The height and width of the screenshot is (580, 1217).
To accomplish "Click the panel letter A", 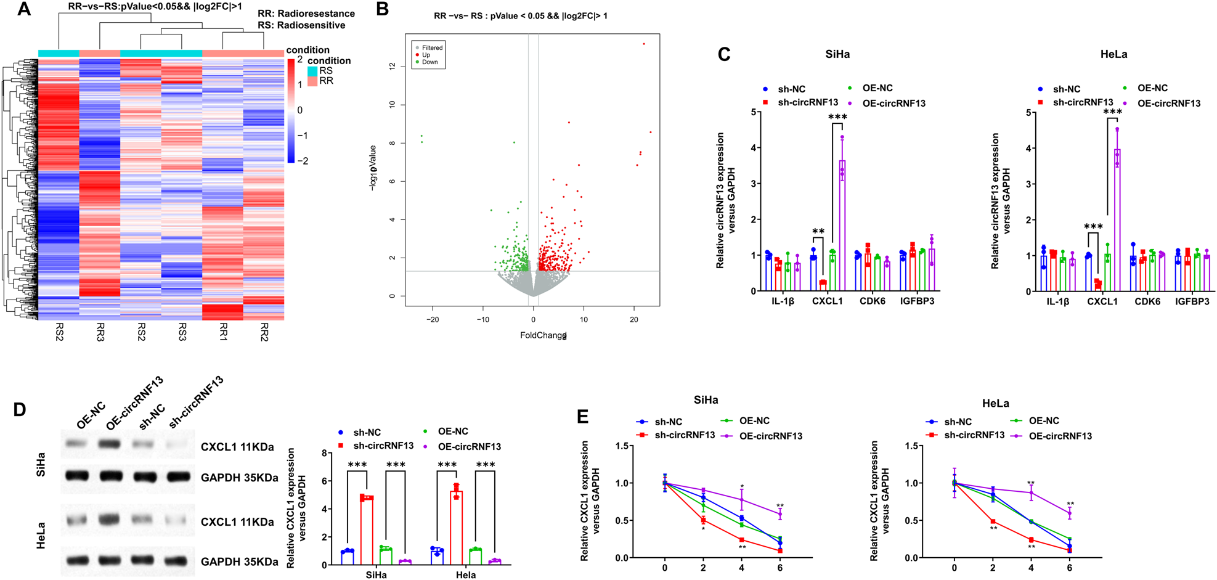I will (x=23, y=9).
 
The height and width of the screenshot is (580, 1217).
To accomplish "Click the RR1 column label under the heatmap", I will (x=223, y=331).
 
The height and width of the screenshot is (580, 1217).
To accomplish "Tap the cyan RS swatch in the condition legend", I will (x=313, y=71).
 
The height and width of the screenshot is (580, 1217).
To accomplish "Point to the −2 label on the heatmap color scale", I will (x=303, y=161).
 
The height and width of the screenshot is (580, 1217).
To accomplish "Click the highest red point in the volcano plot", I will (x=644, y=44).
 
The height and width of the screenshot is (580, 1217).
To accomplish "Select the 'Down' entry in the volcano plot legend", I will (x=429, y=62).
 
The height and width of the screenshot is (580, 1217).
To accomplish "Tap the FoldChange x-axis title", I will (x=543, y=335).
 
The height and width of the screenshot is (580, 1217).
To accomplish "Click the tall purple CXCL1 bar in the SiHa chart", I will (x=842, y=228).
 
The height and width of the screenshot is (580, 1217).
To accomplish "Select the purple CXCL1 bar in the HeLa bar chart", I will (x=1117, y=222).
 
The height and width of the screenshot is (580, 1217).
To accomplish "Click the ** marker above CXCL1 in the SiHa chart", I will (x=818, y=232).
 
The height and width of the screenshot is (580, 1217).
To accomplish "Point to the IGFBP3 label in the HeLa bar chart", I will (x=1192, y=301).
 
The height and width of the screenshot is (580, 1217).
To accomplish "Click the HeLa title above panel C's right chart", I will (x=1113, y=54).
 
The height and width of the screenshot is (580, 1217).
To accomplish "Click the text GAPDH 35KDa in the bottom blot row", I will (x=239, y=562).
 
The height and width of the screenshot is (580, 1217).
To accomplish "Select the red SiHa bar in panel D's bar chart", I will (x=367, y=530).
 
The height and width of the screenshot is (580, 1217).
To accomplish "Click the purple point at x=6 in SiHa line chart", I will (x=780, y=513).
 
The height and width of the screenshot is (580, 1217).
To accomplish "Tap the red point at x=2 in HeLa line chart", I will (x=993, y=521).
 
